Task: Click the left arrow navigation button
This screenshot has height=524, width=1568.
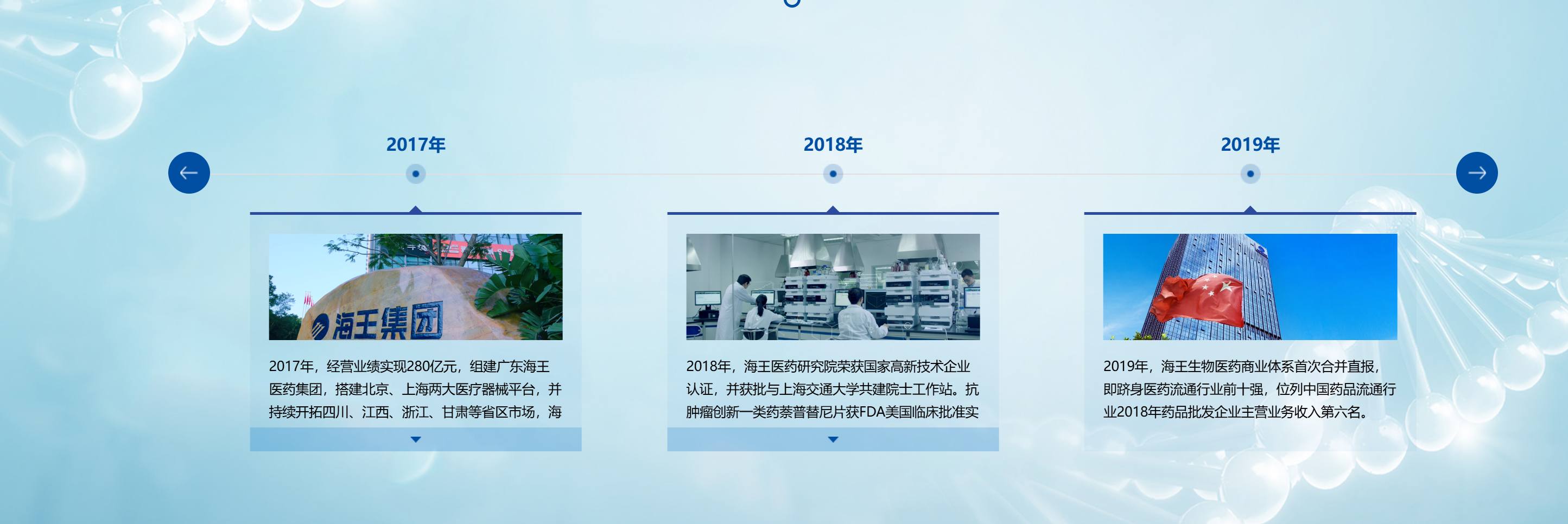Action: click(x=189, y=173)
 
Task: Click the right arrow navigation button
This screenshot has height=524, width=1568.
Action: click(x=1476, y=173)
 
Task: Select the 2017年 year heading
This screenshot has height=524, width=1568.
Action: click(x=416, y=145)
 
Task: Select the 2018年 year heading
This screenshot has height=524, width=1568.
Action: click(x=833, y=145)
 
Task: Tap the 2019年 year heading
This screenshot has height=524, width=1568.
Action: click(x=1250, y=145)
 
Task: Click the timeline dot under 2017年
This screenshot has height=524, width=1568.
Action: click(x=416, y=174)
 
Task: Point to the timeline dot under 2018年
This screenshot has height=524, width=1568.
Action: click(x=833, y=174)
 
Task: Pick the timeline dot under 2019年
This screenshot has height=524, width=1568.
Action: click(x=1250, y=174)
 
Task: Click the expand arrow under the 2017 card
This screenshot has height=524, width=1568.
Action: click(x=416, y=439)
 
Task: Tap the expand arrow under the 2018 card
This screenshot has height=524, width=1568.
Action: click(x=833, y=439)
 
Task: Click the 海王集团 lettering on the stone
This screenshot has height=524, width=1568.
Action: click(x=387, y=321)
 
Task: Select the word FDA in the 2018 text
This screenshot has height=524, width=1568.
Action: click(x=872, y=413)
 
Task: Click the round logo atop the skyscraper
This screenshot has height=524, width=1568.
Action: click(x=1258, y=248)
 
